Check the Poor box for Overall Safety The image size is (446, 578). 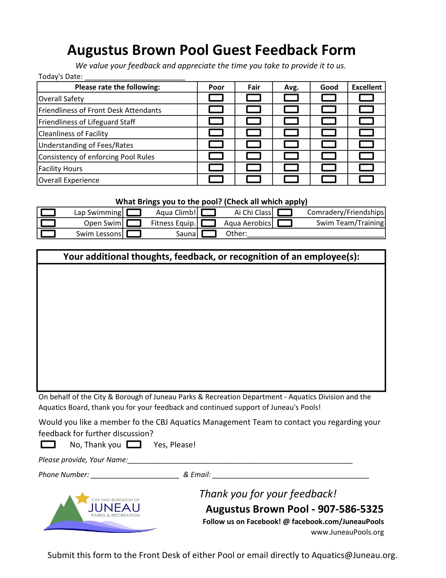coord(216,98)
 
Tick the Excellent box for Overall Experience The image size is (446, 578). coord(366,179)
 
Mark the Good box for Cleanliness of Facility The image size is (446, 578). coord(329,133)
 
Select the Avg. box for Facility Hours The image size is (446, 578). coord(291,168)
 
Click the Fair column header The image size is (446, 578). coord(253,87)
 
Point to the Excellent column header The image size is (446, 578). coord(367,87)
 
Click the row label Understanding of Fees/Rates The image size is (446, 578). coord(86,145)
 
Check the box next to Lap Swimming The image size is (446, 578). coord(48,212)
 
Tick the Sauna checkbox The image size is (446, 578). coord(134,234)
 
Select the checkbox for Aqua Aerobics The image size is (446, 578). coord(208,223)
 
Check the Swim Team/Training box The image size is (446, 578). coord(285,223)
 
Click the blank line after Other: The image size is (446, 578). coord(315,235)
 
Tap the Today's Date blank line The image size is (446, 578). coord(135,77)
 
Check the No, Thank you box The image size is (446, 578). coord(48,444)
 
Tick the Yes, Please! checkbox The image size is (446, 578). coord(134,444)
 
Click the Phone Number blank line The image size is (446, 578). coord(135,475)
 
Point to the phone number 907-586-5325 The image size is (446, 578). coord(350,509)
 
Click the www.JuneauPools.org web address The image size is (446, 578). coord(347,532)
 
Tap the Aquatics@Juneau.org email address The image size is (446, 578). coord(354,555)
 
